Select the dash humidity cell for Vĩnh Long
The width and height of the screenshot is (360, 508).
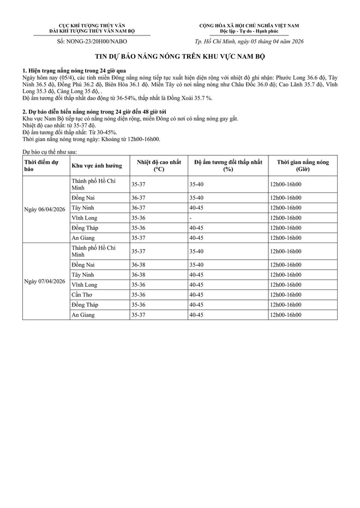[190, 217]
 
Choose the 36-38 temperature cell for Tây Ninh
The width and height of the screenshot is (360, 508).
[139, 275]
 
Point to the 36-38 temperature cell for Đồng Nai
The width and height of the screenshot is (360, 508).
[139, 264]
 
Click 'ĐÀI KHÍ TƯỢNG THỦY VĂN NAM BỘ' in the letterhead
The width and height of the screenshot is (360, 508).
[92, 31]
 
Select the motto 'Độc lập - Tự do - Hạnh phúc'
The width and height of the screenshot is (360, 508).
[248, 31]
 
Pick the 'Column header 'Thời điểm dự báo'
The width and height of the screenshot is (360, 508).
[40, 166]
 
